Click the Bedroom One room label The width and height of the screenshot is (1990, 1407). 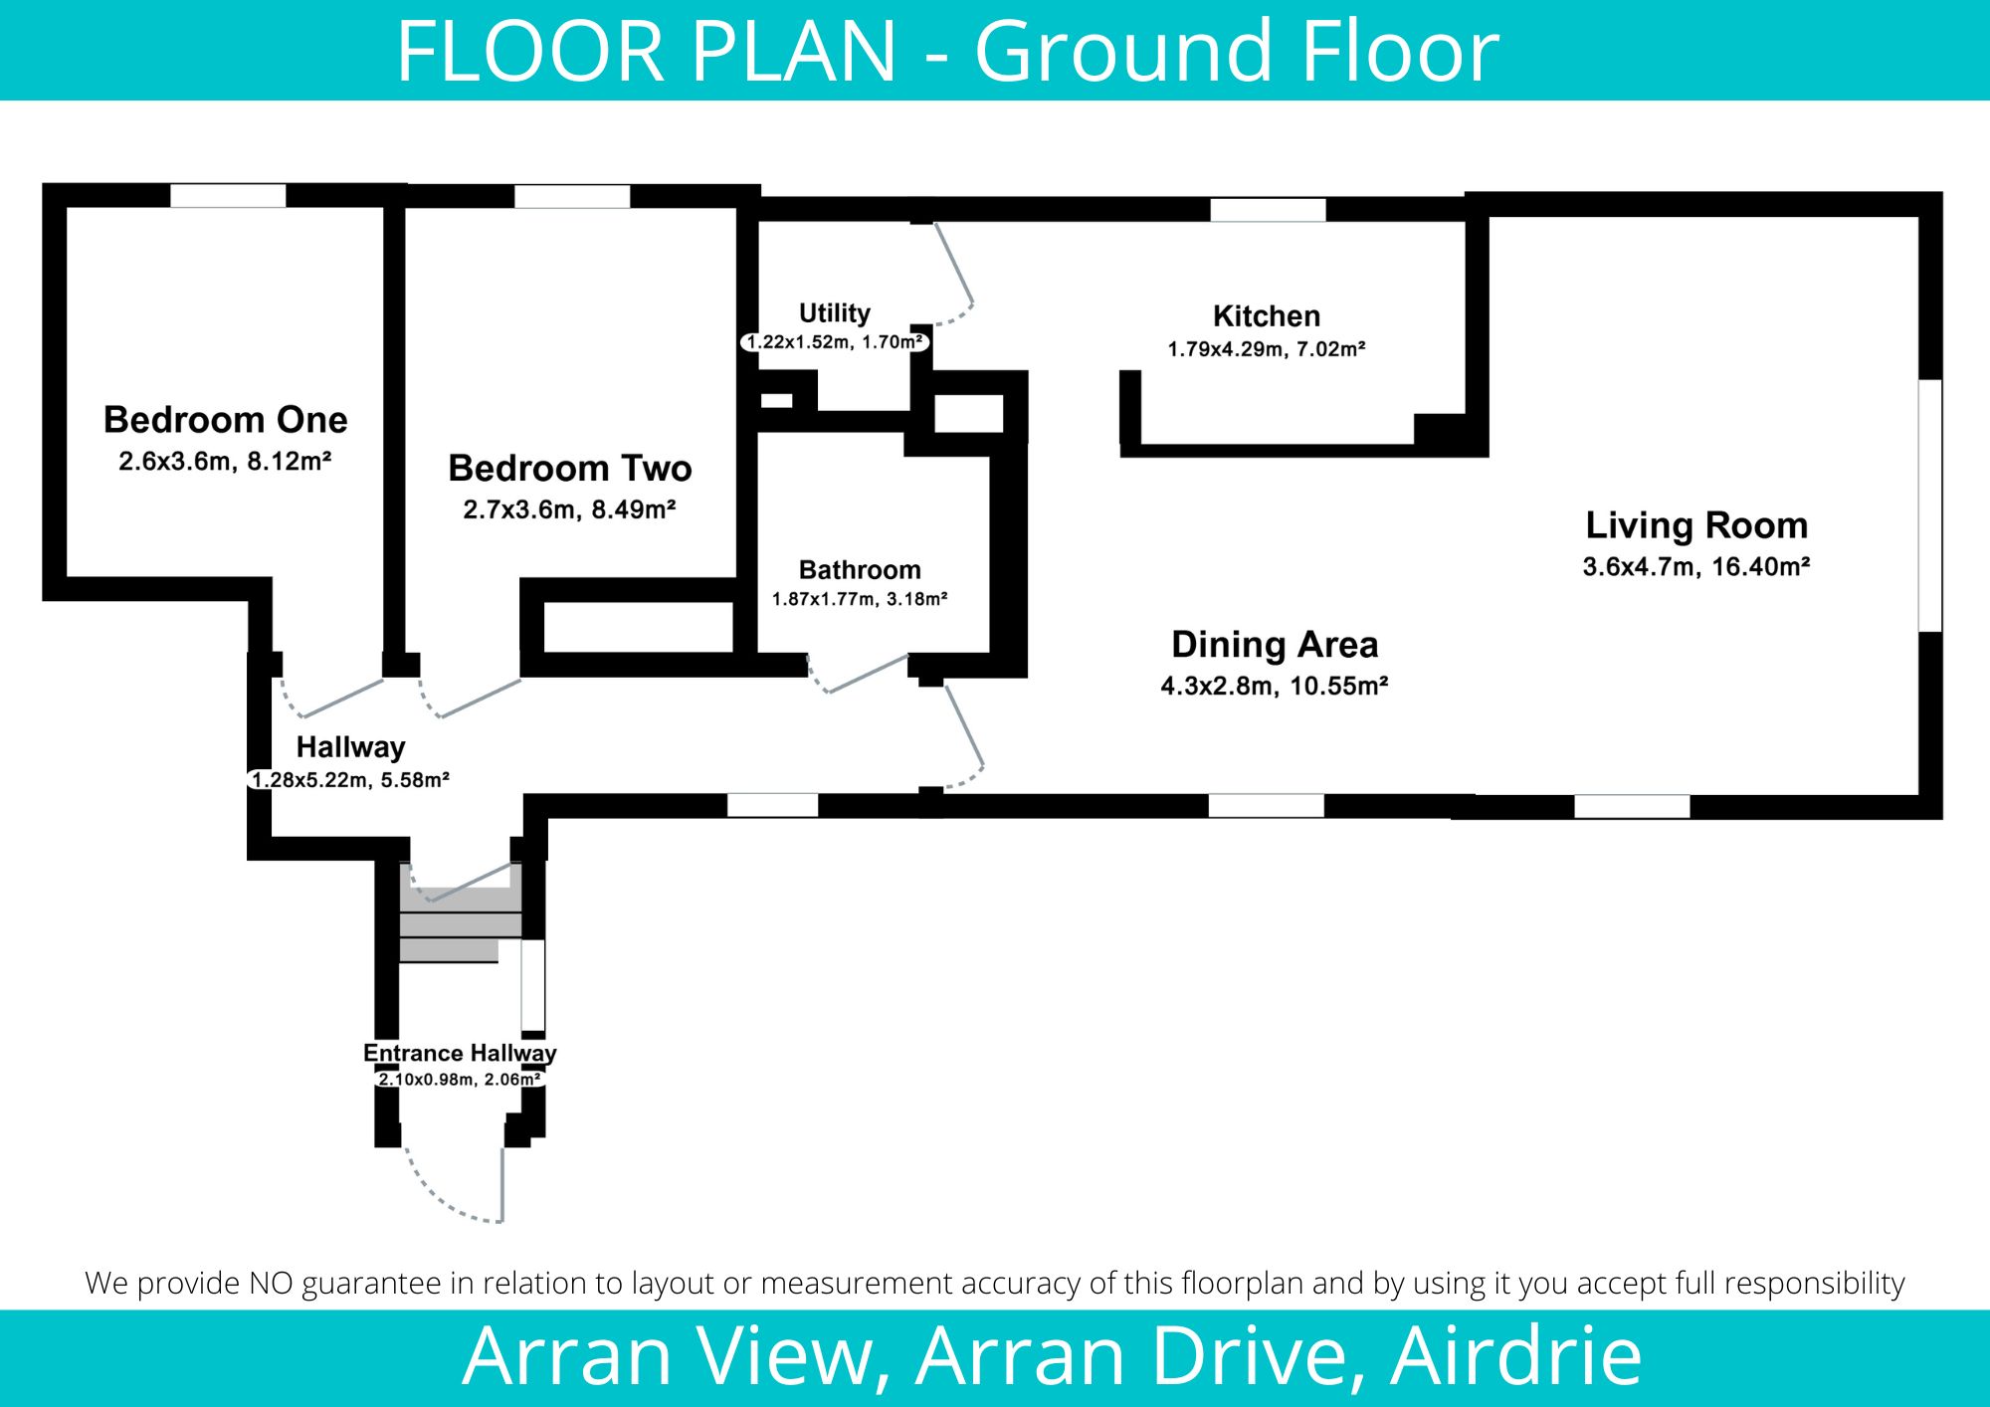coord(226,420)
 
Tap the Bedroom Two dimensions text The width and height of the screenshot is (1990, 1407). coord(569,509)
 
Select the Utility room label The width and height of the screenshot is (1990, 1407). coord(835,313)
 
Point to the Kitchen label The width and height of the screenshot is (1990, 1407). coord(1267,316)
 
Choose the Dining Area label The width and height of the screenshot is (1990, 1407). coord(1275,645)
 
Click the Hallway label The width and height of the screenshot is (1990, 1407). coord(350,747)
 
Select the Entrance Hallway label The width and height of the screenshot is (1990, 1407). coord(460,1053)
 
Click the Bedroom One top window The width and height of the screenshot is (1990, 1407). coord(228,195)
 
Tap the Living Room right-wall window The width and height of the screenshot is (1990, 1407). coord(1929,505)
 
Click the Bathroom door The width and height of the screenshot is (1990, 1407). coord(857,674)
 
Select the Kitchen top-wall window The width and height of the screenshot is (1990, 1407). coord(1268,210)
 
